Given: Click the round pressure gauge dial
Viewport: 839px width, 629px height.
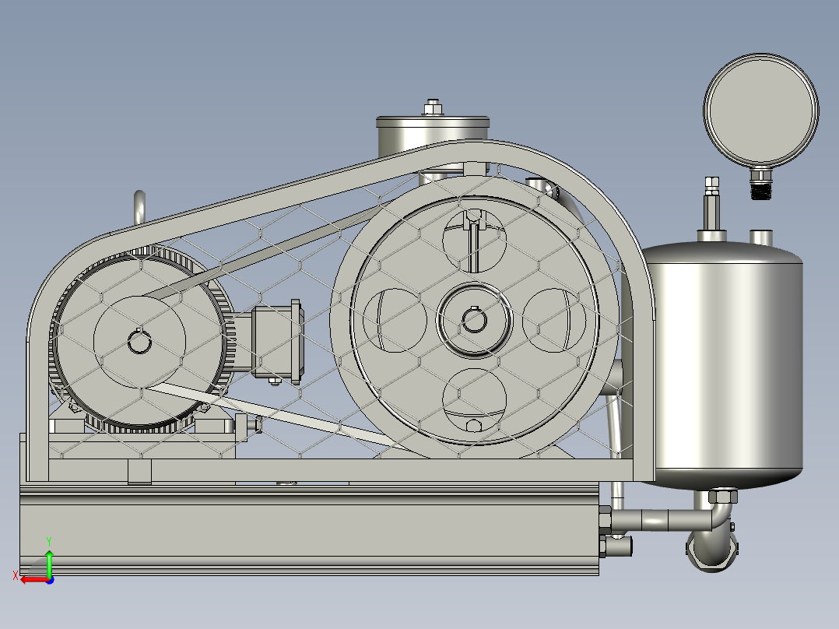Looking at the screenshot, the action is click(x=760, y=111).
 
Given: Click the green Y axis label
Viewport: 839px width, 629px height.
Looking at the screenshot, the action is click(x=49, y=541).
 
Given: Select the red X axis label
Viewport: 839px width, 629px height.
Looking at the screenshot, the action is click(x=16, y=575).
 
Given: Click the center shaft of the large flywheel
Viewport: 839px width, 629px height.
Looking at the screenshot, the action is click(x=474, y=321).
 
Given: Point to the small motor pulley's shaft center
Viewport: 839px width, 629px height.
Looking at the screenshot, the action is click(x=139, y=342).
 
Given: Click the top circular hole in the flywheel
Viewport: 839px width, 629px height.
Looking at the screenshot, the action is click(x=474, y=241).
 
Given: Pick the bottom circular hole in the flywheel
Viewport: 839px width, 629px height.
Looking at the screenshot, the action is click(x=474, y=400).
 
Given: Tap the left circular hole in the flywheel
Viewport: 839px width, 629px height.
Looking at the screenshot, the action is click(x=395, y=320).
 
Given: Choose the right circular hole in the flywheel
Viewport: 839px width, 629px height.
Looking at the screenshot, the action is click(x=554, y=320).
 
